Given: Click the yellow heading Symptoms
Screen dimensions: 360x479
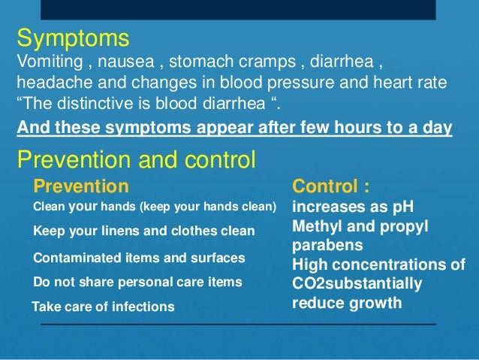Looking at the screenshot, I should coord(73,38).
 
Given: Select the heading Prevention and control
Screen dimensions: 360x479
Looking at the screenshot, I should coord(136,159).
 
